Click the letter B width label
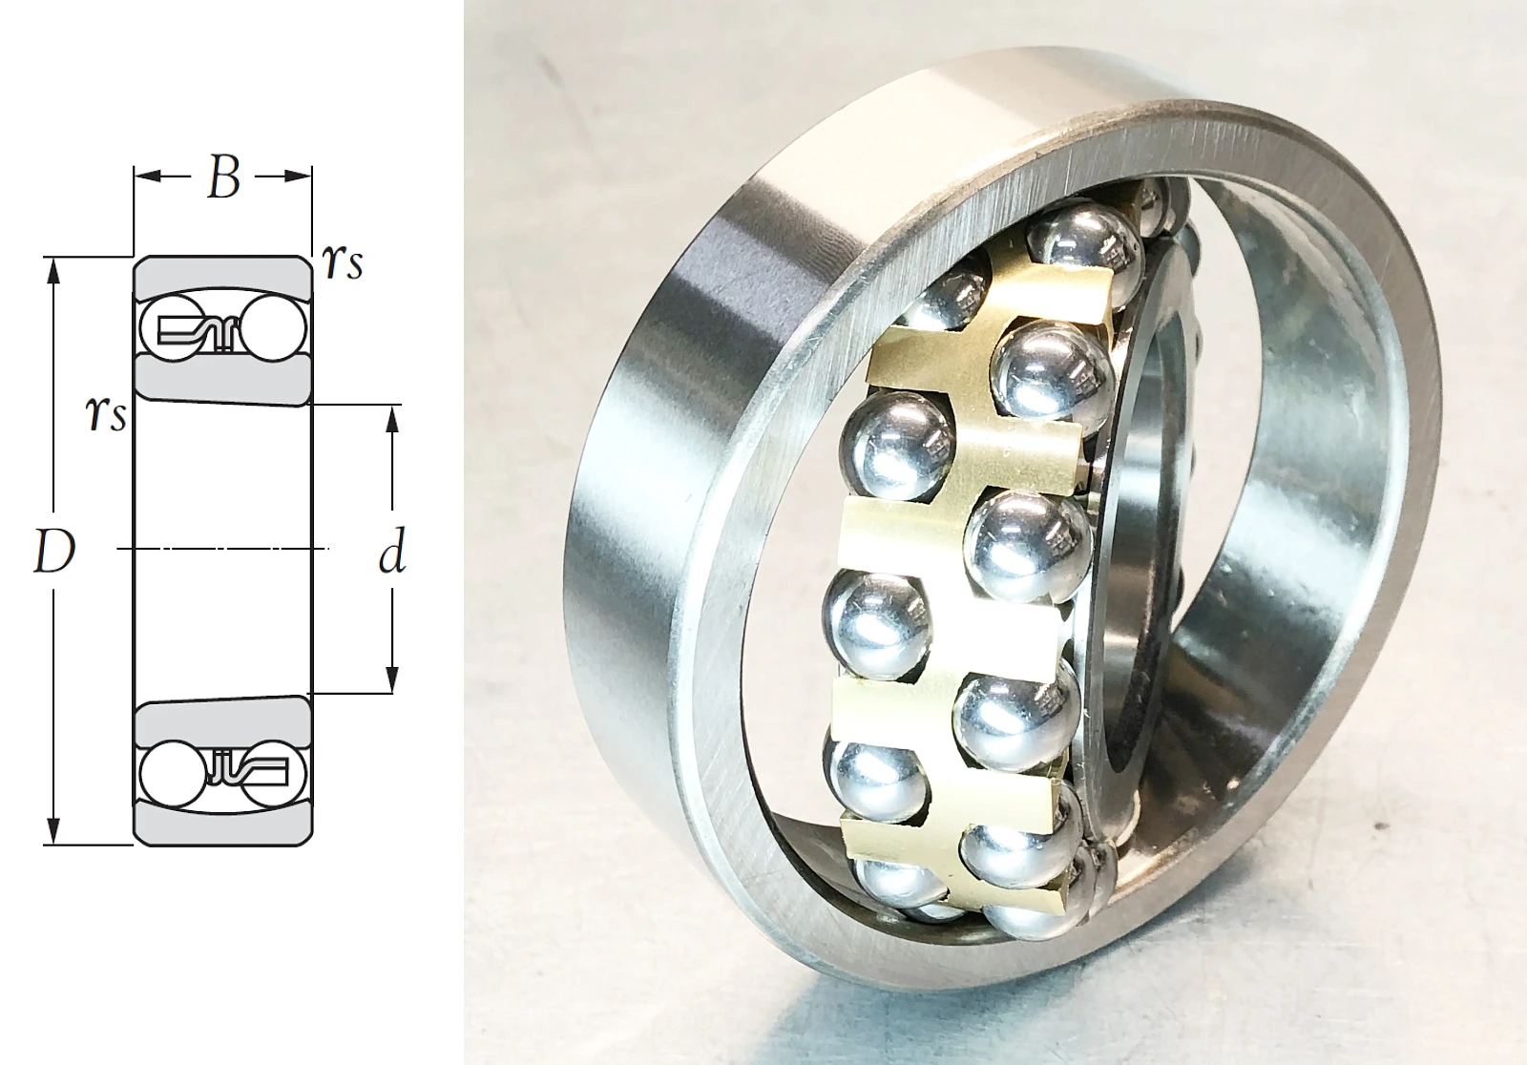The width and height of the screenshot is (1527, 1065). click(x=223, y=178)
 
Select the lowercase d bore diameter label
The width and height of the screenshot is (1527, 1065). click(x=392, y=552)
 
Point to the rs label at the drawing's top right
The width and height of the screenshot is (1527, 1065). click(x=343, y=263)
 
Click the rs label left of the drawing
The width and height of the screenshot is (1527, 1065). click(x=106, y=414)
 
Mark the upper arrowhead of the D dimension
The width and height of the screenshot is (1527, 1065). click(x=54, y=270)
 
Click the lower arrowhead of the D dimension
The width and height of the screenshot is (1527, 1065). click(x=54, y=833)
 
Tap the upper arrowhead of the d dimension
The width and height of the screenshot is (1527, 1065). click(x=391, y=418)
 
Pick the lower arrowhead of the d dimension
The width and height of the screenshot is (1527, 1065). click(x=391, y=680)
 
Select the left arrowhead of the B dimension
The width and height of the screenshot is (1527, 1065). click(x=147, y=177)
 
